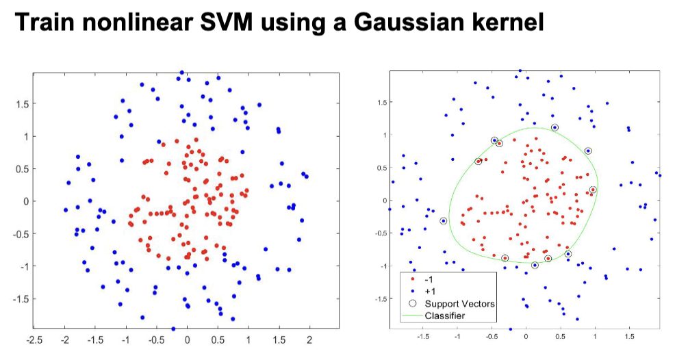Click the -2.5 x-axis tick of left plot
click(x=34, y=340)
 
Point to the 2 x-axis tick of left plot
click(x=309, y=340)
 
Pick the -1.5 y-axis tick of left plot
click(x=21, y=298)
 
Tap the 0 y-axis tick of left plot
click(x=25, y=201)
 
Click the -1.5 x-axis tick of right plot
click(x=423, y=337)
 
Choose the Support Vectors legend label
click(x=459, y=303)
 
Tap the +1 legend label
click(x=431, y=292)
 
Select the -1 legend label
click(x=430, y=280)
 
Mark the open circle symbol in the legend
click(x=411, y=303)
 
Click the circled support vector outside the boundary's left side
click(x=444, y=221)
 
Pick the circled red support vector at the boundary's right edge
click(x=593, y=190)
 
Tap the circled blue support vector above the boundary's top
click(x=555, y=128)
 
